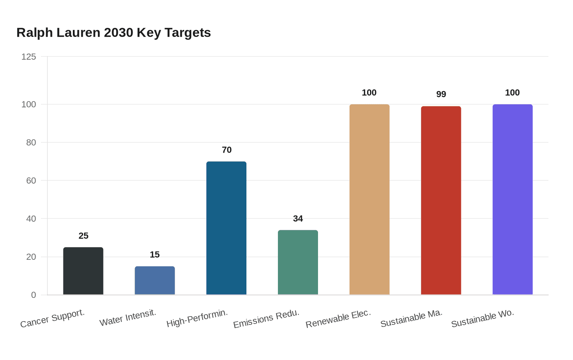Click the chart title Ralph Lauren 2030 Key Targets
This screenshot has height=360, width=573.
point(114,33)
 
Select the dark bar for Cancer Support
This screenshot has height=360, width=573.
point(83,271)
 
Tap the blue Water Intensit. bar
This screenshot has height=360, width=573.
point(155,281)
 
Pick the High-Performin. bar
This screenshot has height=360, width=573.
point(226,228)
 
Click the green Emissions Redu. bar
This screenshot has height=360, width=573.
point(298,262)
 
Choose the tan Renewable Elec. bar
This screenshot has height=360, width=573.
point(370,199)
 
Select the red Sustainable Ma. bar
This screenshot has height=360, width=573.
point(441,200)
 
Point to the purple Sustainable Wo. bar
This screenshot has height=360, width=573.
point(512,199)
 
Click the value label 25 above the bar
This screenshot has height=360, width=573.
point(83,236)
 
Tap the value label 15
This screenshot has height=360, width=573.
point(155,254)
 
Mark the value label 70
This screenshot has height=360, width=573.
point(227,150)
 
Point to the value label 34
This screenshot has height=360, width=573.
point(298,218)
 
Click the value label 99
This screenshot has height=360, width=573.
point(441,94)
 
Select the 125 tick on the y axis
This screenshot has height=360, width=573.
point(29,56)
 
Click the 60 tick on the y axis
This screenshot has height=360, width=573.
point(31,180)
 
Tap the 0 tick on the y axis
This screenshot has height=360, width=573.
point(34,295)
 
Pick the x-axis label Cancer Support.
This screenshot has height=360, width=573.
point(52,318)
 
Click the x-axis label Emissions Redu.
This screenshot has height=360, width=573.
point(266,318)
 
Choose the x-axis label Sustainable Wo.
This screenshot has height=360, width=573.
point(483,318)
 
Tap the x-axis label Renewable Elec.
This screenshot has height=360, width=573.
point(338,318)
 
